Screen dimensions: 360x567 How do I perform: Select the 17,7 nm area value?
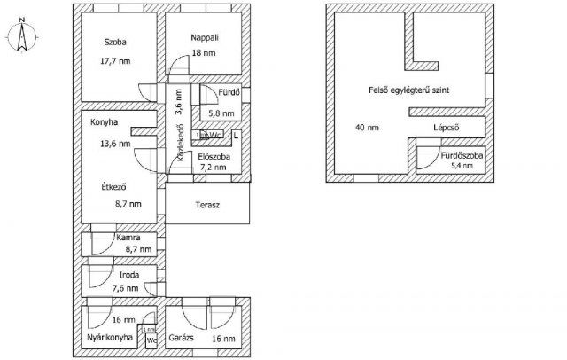coord(116,61)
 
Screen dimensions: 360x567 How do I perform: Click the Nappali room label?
coord(205,37)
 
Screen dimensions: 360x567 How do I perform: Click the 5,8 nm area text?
coord(221,113)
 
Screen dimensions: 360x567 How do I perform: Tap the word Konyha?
coord(105,124)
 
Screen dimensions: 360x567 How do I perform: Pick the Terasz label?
coord(207,206)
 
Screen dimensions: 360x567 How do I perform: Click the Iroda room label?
coord(129,276)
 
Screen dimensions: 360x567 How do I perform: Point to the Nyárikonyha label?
coord(110,338)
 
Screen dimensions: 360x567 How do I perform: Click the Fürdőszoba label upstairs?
coord(462,156)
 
